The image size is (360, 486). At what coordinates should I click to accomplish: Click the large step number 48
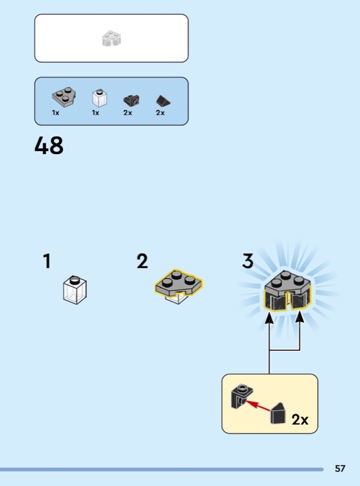coord(49,145)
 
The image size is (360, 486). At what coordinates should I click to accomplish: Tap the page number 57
coord(340,468)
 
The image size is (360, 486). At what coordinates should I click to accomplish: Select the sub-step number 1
coord(47,261)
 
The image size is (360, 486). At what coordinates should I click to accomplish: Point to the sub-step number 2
coord(142,261)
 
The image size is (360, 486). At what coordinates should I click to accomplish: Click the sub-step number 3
coord(248,261)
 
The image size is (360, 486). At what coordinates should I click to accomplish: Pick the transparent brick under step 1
coord(75,290)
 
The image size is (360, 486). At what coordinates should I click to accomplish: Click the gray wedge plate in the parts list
coord(64,96)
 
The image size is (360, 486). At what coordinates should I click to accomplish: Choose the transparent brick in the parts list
coord(100,98)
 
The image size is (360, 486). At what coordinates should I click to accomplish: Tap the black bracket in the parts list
coord(132,100)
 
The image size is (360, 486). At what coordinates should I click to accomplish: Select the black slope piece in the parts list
coord(163,101)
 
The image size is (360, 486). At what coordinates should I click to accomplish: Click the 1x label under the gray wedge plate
coord(56,113)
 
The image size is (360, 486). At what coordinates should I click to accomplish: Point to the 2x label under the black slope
coord(160,113)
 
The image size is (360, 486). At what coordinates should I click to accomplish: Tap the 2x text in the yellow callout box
coord(300,420)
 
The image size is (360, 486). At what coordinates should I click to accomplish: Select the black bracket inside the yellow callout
coord(242,397)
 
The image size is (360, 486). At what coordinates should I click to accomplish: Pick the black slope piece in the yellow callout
coord(278,413)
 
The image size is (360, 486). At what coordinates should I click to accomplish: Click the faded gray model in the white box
coord(112,38)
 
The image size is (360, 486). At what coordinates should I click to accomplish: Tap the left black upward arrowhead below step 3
coord(269,318)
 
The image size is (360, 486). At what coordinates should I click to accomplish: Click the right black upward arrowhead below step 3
coord(299,318)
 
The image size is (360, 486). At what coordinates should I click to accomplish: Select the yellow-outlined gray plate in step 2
coord(178,282)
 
